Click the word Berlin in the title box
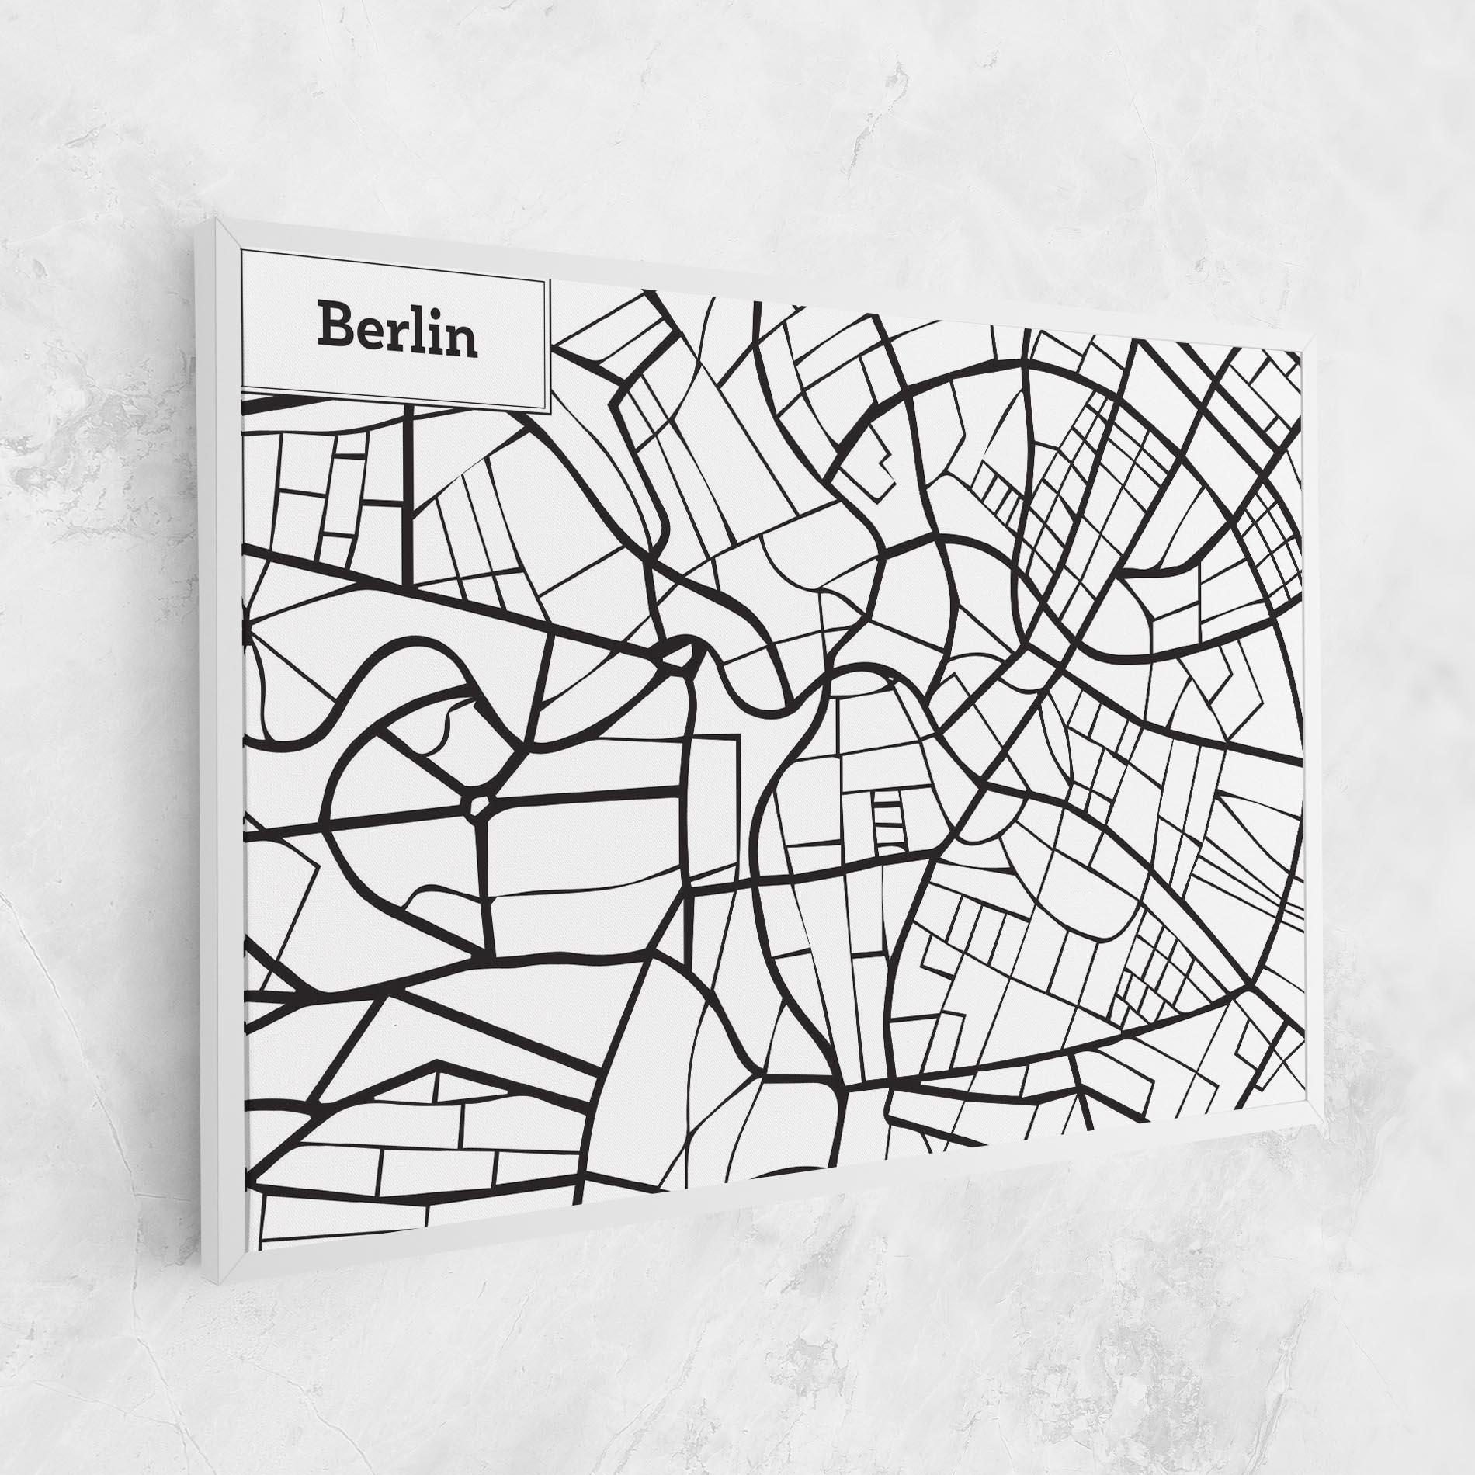(x=396, y=329)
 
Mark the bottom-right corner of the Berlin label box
(x=549, y=414)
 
